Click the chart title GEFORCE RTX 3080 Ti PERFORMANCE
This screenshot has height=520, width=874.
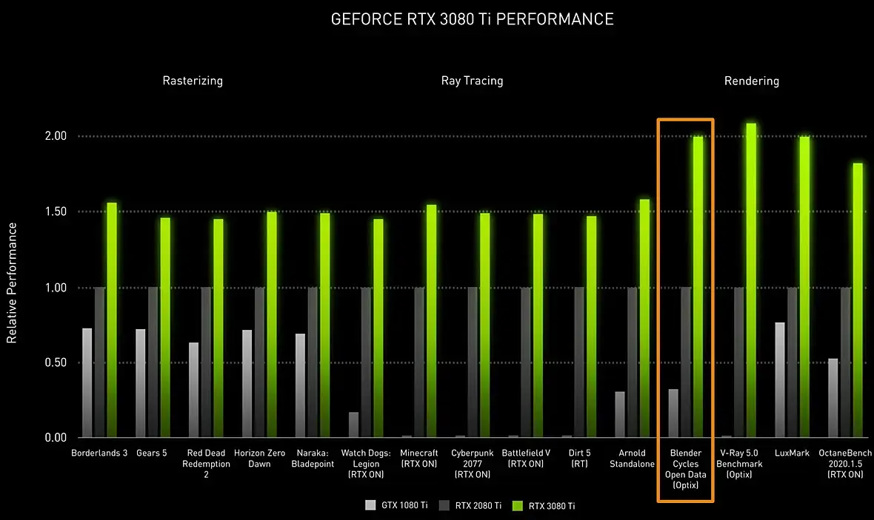(472, 19)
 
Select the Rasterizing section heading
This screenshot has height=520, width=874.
(193, 81)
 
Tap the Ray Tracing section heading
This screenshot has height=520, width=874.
(472, 81)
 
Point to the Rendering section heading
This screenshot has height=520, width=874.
(751, 81)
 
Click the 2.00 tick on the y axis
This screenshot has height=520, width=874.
(56, 136)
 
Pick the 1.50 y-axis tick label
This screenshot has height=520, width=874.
(56, 212)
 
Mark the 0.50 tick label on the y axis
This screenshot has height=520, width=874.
(56, 362)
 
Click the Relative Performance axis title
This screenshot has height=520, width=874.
(12, 283)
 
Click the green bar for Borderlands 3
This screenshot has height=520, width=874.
(112, 320)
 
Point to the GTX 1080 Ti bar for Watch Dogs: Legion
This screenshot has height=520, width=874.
(353, 425)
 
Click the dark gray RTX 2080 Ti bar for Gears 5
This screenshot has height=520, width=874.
(153, 362)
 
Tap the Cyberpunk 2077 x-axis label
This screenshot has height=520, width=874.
(473, 463)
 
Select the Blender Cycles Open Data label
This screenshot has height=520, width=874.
(685, 469)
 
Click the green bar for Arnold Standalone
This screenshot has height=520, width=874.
(644, 319)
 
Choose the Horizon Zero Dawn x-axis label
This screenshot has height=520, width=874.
(259, 458)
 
